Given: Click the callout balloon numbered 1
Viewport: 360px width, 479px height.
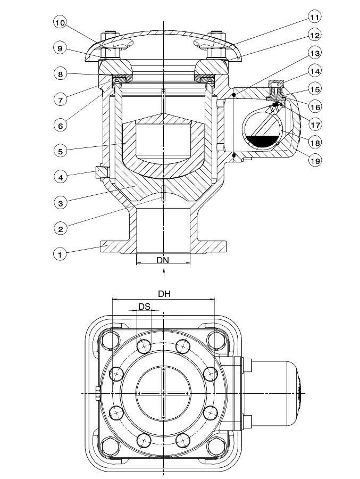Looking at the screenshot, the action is coord(60,254).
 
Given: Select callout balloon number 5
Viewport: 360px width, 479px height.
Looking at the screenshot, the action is coord(61,151).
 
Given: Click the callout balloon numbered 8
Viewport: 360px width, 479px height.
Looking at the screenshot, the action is coord(61,74).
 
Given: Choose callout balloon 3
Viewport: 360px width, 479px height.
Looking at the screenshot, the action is coord(61,203).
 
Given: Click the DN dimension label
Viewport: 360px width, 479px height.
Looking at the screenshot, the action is coord(163,260).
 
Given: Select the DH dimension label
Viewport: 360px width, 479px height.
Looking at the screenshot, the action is coord(164,294).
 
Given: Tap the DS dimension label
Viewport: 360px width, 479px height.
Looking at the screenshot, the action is coord(145,306).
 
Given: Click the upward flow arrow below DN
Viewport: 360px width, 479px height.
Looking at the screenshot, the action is coord(164,272).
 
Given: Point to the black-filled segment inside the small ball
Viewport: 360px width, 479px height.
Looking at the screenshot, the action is coord(264,141).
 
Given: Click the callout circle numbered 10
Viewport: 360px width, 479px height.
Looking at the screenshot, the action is coord(60,23).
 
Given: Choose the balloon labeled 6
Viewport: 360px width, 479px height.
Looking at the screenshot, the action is coord(61,125).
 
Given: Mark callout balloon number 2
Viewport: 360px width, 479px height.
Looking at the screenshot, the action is coord(61,228).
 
